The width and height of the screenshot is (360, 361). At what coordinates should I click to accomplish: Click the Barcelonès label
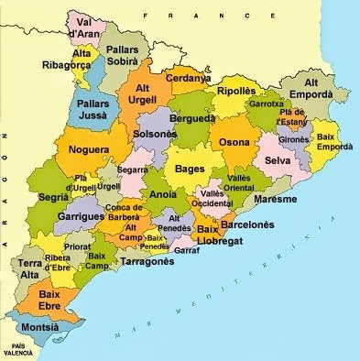tap(248, 223)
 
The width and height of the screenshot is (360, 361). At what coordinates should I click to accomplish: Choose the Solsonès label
tap(155, 134)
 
